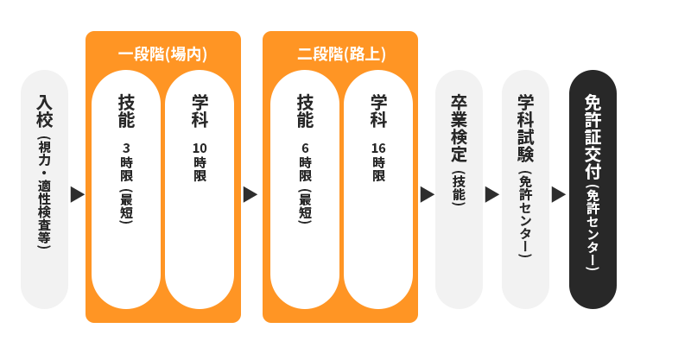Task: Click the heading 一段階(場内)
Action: coord(162,54)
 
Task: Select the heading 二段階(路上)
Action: coord(340,54)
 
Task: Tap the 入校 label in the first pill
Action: coord(44,111)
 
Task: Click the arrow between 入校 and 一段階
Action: coord(77,194)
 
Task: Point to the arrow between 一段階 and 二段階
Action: coord(250,194)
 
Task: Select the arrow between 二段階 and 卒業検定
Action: coord(427,194)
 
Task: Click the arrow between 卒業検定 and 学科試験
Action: coord(491,194)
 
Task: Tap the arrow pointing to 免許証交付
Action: coord(558,194)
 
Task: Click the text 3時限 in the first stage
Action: coord(126,162)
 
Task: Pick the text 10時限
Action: coord(200,162)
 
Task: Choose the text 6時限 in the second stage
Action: coord(305,162)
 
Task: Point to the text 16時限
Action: coord(378,162)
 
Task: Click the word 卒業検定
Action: coord(459,129)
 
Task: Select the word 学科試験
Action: coord(525,129)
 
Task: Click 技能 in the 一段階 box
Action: coord(126,111)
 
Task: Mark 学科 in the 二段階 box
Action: coord(378,111)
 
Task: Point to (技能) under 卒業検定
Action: coord(459,188)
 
